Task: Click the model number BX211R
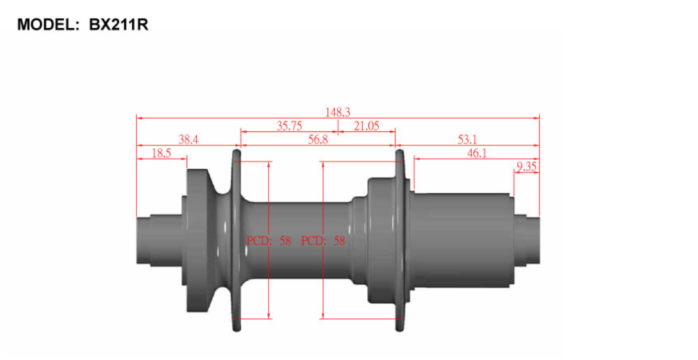pos(119,24)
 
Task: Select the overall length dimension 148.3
pos(337,112)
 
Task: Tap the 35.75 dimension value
pos(289,126)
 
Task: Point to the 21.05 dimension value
pos(367,126)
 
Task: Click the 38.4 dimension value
pos(188,139)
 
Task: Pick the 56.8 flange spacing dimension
pos(318,139)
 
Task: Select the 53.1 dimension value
pos(467,139)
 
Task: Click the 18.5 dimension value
pos(161,153)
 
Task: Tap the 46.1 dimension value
pos(477,153)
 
